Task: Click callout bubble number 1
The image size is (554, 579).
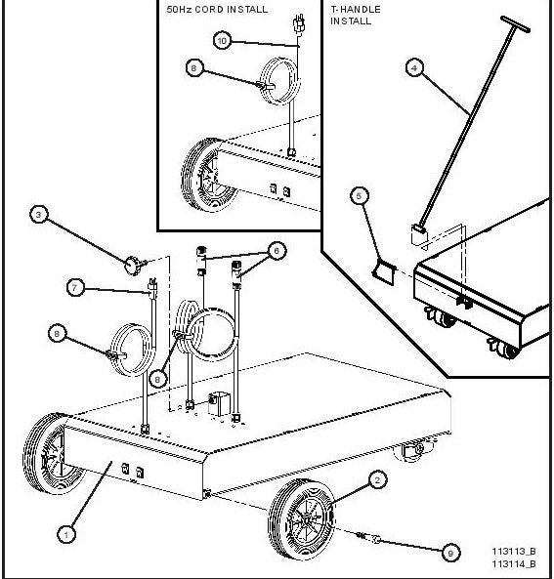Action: tap(65, 533)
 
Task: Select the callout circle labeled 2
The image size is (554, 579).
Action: tap(377, 479)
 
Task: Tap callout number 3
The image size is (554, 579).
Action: tap(38, 215)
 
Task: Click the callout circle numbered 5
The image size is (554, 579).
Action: tap(360, 195)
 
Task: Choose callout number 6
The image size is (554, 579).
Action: tap(277, 250)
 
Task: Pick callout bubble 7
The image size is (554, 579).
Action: tap(74, 287)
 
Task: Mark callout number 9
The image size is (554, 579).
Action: tap(449, 553)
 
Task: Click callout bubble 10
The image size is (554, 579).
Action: tap(222, 40)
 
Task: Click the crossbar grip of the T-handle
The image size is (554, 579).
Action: tap(518, 22)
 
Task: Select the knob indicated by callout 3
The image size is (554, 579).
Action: tap(132, 262)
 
